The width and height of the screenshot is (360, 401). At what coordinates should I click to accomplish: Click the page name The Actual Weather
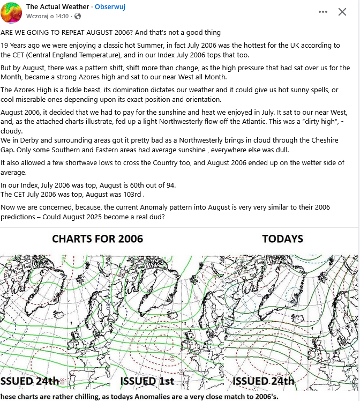(x=58, y=7)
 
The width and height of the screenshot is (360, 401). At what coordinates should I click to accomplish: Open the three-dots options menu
(x=322, y=12)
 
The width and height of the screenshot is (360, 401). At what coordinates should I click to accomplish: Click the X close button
(x=342, y=12)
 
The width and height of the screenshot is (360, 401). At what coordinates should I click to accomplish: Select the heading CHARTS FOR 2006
(x=97, y=239)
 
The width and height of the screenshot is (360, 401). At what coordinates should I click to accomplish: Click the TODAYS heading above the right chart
(x=282, y=239)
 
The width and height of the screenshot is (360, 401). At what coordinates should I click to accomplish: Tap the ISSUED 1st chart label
(x=147, y=381)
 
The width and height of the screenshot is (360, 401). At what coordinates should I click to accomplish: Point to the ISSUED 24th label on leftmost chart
(x=30, y=381)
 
